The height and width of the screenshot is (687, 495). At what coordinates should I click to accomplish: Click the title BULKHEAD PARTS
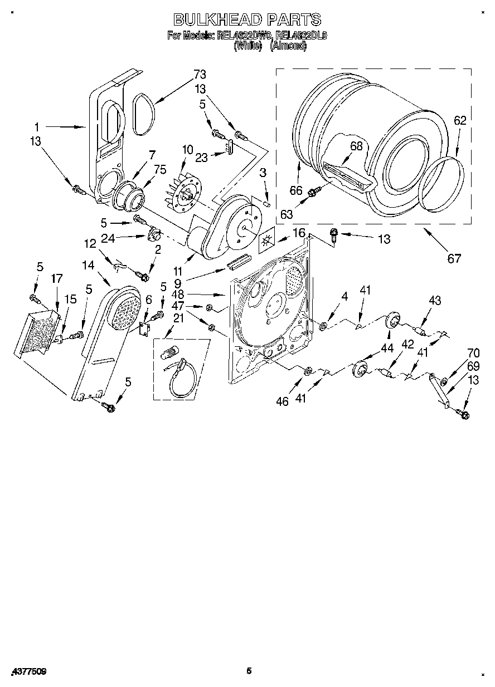coord(247,19)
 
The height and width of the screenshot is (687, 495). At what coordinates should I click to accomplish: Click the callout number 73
coord(200,75)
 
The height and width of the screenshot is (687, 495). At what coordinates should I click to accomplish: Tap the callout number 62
coord(460,120)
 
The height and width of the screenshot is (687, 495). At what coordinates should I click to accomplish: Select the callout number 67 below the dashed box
coord(454,258)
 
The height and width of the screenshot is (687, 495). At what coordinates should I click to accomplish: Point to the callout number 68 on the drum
coord(356,146)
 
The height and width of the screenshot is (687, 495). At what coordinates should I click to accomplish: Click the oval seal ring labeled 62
coord(441,184)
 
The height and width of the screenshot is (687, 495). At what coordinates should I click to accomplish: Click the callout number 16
coord(300,233)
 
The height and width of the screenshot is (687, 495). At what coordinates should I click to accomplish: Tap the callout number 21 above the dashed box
coord(178,318)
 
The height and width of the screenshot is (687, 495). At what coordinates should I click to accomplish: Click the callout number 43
coord(435,301)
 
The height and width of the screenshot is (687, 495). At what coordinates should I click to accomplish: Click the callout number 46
coord(283,401)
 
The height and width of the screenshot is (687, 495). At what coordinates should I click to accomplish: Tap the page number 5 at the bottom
coord(249,671)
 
